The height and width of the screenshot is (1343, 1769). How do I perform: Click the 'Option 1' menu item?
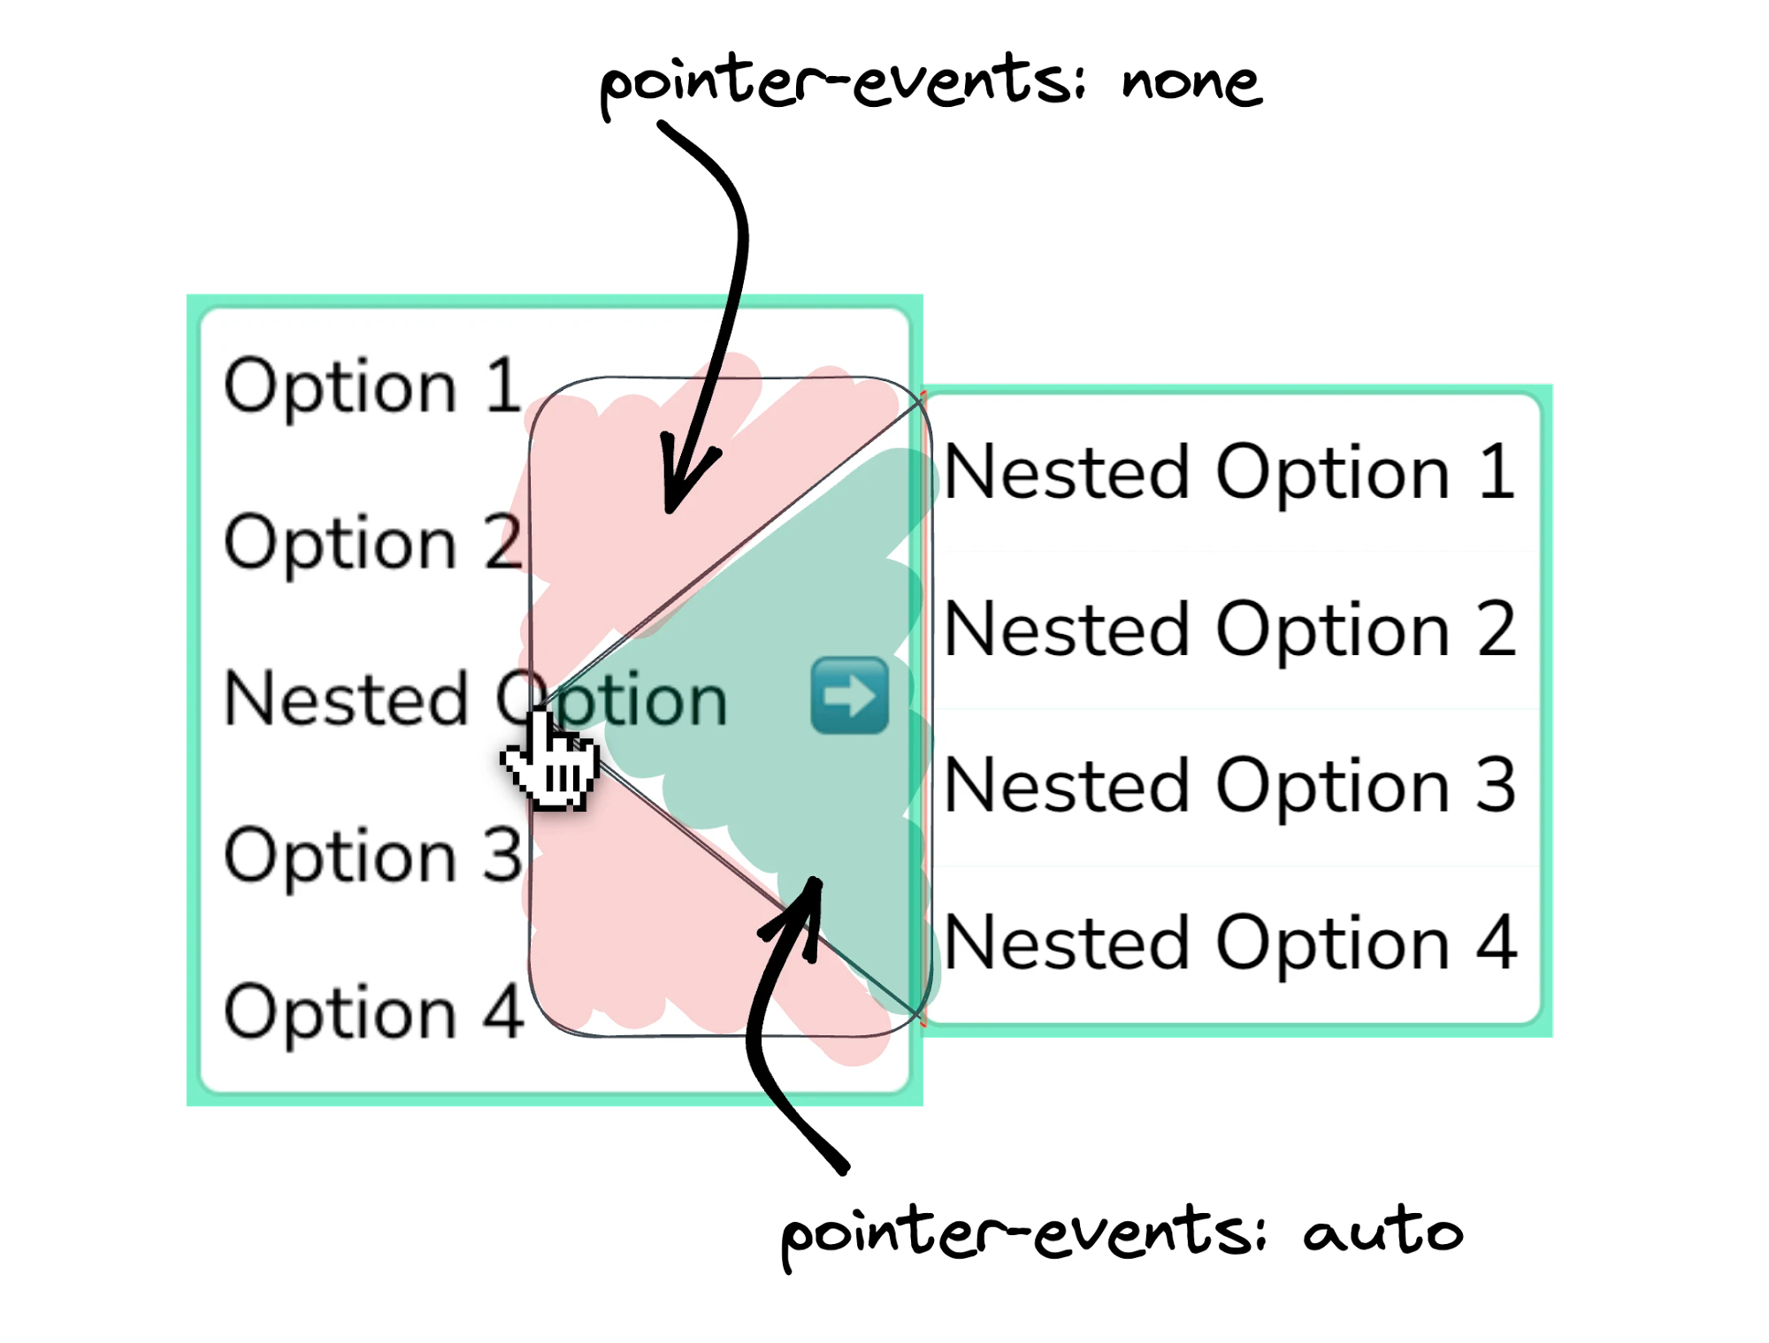point(371,385)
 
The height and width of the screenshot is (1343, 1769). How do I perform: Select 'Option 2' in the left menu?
point(371,542)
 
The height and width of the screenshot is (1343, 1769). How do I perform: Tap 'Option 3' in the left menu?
point(371,855)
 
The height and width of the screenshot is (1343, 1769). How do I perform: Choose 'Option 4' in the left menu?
point(371,1011)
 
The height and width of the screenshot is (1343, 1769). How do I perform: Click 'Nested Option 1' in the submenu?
point(1229,473)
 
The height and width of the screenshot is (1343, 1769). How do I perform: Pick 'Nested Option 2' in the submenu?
point(1229,630)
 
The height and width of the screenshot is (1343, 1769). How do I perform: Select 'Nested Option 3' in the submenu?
point(1229,786)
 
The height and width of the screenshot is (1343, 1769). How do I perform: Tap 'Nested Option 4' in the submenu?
point(1229,942)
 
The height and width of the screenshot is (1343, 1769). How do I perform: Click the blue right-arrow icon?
point(849,695)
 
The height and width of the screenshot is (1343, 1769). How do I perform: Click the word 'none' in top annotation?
point(1191,84)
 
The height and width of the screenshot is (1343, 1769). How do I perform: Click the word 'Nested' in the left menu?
point(345,698)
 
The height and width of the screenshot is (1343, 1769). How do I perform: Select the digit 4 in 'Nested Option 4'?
point(1497,942)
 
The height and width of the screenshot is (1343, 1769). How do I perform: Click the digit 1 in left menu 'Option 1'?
point(504,385)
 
